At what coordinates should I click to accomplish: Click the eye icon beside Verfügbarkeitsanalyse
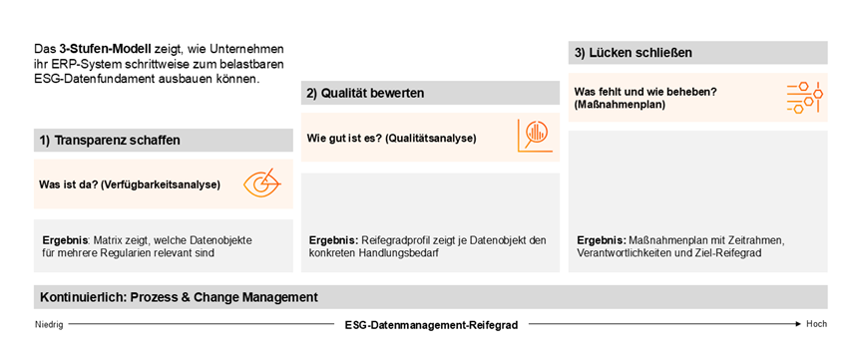pyautogui.click(x=261, y=183)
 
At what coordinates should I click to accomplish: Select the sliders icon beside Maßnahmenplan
pyautogui.click(x=802, y=97)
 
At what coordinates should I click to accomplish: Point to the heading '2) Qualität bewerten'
pyautogui.click(x=365, y=94)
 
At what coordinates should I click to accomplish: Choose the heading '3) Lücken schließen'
pyautogui.click(x=634, y=52)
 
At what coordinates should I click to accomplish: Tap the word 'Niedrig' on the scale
pyautogui.click(x=50, y=325)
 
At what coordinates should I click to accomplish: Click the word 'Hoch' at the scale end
pyautogui.click(x=817, y=325)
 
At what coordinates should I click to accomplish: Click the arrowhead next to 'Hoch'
pyautogui.click(x=799, y=325)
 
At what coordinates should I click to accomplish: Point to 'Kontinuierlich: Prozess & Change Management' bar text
pyautogui.click(x=179, y=297)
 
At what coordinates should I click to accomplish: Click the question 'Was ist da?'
pyautogui.click(x=69, y=184)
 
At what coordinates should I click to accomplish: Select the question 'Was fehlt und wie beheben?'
pyautogui.click(x=644, y=92)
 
